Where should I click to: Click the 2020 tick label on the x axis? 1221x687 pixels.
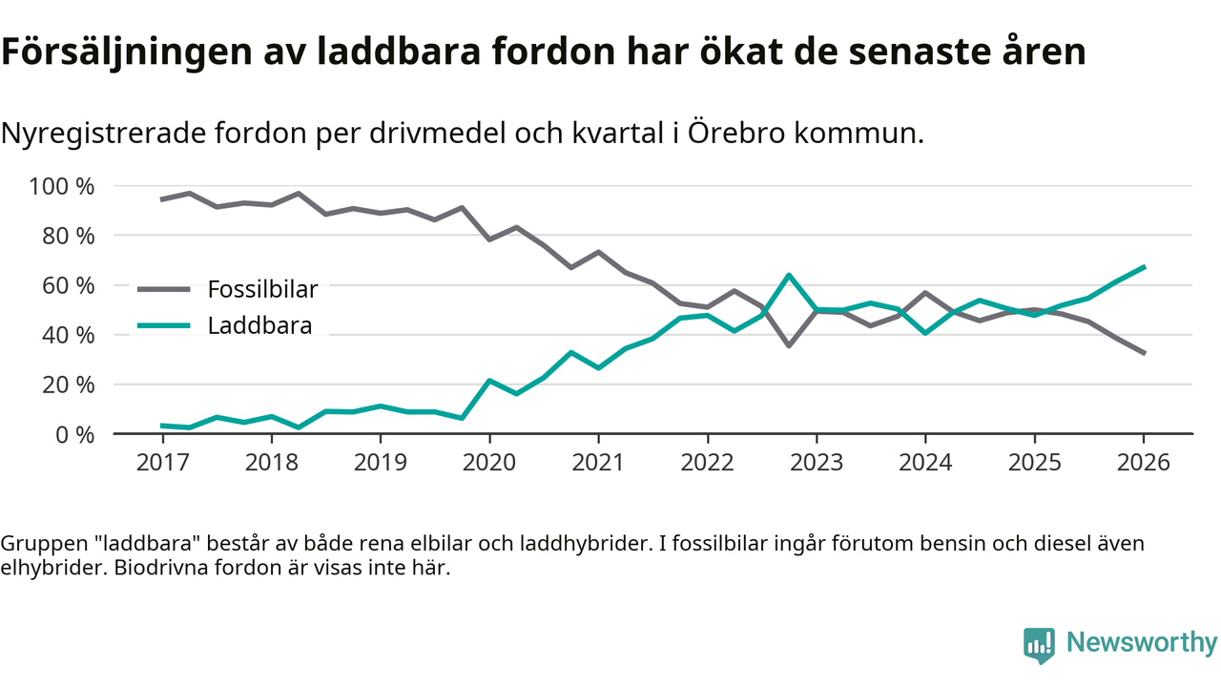pyautogui.click(x=489, y=463)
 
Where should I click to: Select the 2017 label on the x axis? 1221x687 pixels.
pyautogui.click(x=163, y=463)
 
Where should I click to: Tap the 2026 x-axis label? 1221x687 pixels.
pyautogui.click(x=1143, y=463)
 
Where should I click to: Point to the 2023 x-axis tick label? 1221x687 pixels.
pyautogui.click(x=816, y=463)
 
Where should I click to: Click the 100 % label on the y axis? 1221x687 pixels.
pyautogui.click(x=62, y=186)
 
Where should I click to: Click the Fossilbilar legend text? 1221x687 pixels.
pyautogui.click(x=262, y=288)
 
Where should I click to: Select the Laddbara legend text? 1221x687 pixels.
pyautogui.click(x=259, y=326)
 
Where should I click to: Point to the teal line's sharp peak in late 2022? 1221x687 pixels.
pyautogui.click(x=789, y=276)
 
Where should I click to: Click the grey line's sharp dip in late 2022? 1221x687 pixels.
pyautogui.click(x=789, y=344)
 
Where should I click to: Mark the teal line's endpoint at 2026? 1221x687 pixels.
pyautogui.click(x=1143, y=267)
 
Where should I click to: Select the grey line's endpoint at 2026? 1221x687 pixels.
pyautogui.click(x=1143, y=353)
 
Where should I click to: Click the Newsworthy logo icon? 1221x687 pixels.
pyautogui.click(x=1039, y=644)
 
